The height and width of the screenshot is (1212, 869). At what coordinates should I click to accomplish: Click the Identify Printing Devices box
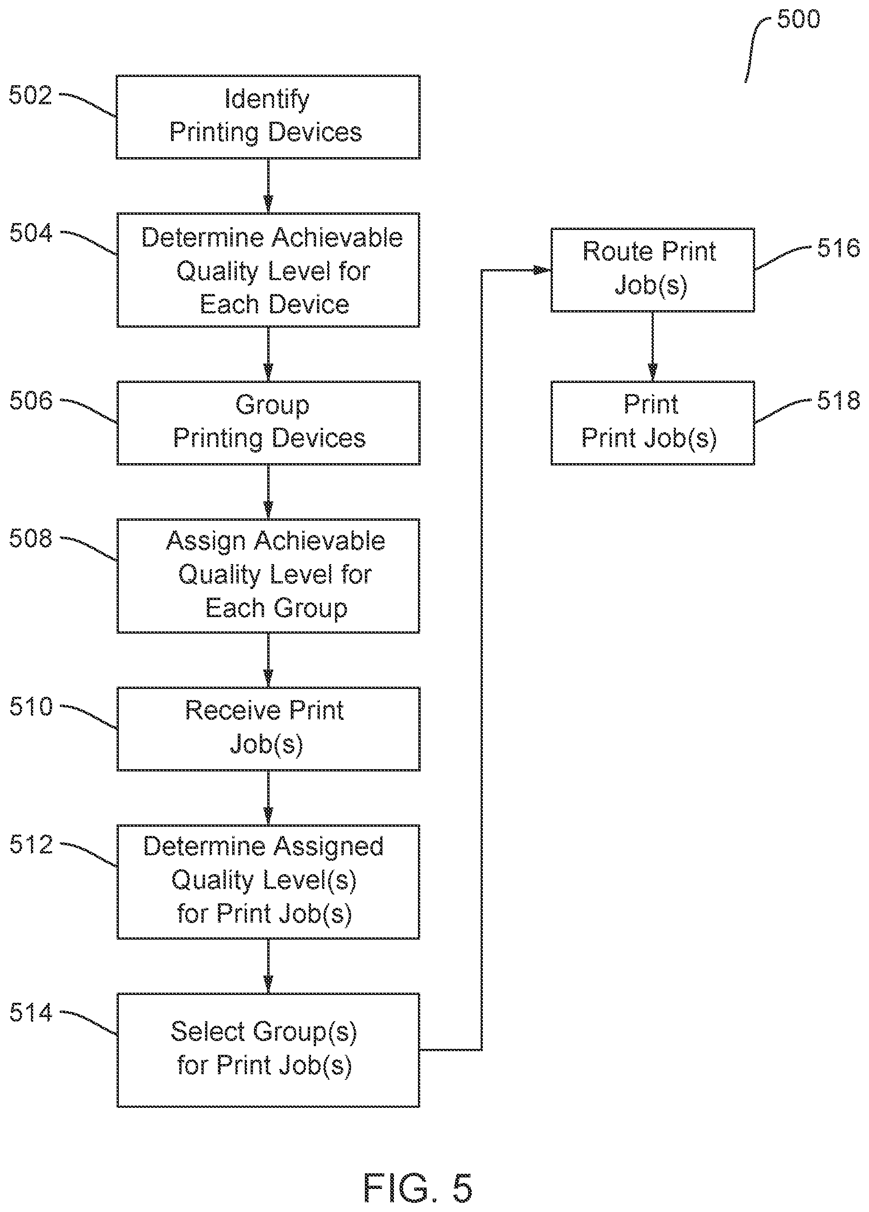268,117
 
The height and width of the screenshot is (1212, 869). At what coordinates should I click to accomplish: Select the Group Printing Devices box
268,422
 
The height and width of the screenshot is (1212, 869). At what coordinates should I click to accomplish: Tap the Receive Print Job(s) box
268,729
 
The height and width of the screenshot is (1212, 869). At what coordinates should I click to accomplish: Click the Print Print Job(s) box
652,422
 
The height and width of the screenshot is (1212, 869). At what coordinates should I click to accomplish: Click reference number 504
31,234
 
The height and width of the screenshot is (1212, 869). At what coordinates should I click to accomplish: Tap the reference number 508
31,539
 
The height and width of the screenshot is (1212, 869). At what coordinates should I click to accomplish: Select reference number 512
31,845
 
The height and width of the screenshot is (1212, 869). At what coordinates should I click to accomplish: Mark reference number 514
31,1012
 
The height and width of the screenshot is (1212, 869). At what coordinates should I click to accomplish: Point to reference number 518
838,401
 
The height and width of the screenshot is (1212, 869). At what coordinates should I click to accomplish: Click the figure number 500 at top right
798,20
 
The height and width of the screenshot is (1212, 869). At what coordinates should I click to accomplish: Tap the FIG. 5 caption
418,1188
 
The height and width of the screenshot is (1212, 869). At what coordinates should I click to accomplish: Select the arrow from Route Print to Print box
652,346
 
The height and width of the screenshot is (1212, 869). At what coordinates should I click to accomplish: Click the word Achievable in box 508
319,541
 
